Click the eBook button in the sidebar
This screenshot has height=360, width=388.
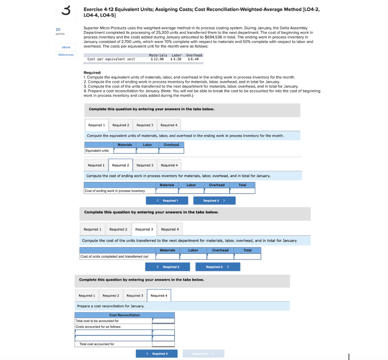[66, 47]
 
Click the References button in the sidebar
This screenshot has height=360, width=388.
[66, 55]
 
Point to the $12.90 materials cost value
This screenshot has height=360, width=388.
[157, 59]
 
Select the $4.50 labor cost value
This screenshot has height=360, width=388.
[176, 59]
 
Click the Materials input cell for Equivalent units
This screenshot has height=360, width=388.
[125, 150]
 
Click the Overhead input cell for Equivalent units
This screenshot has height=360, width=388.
[171, 150]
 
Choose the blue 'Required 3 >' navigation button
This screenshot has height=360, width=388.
[214, 200]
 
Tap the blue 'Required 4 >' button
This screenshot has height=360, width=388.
[217, 267]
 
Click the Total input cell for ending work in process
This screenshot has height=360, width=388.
[242, 191]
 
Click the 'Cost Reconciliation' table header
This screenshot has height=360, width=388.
[125, 315]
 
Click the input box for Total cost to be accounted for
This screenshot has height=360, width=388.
[163, 321]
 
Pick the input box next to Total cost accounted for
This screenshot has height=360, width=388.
[163, 344]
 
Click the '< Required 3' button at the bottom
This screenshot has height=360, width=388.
[157, 354]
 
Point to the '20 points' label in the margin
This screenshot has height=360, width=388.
[59, 31]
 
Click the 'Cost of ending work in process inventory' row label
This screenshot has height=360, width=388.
[115, 191]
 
